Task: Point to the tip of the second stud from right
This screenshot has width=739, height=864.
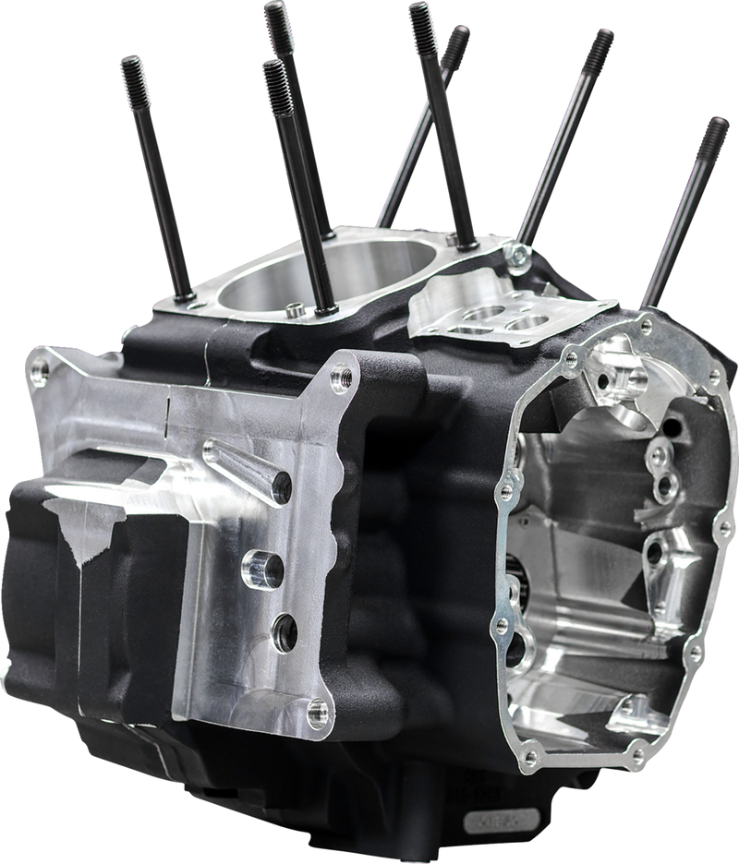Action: [x=603, y=38]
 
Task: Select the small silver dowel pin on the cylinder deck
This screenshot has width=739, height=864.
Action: [x=290, y=306]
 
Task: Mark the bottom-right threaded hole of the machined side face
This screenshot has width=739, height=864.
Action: [x=318, y=709]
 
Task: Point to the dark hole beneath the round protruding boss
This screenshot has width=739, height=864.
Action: [x=283, y=630]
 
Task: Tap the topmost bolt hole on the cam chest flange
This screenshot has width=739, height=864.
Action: [x=645, y=324]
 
